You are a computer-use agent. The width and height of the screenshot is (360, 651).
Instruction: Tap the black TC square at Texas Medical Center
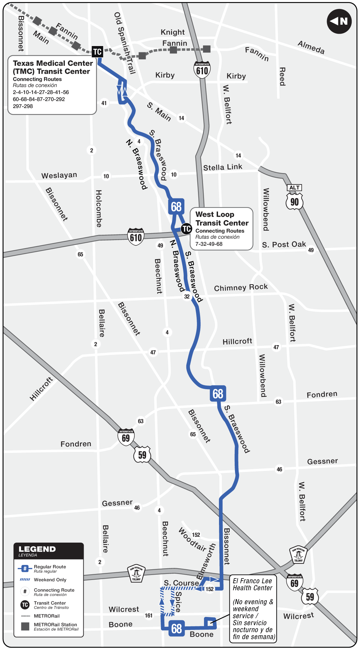point(97,52)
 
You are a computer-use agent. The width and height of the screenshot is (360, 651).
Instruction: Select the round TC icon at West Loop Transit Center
point(186,229)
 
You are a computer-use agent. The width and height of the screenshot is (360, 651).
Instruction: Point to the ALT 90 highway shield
point(294,197)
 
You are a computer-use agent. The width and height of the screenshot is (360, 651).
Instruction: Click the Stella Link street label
point(223,167)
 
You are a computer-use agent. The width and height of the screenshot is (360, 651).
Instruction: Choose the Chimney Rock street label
point(241,287)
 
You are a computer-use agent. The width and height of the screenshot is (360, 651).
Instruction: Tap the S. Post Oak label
point(284,244)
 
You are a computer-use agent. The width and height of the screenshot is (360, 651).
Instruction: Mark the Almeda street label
point(311,47)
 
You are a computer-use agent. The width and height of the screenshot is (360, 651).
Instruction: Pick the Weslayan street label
point(59,175)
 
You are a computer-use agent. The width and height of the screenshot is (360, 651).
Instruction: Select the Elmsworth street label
point(206,561)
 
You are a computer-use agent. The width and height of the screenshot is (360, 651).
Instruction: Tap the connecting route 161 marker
point(149,615)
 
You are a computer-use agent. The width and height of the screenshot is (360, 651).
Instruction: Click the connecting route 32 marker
point(187,296)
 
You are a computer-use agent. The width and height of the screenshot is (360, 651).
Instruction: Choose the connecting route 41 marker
point(104,103)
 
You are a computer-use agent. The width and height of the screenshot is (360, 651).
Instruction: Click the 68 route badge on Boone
point(176,629)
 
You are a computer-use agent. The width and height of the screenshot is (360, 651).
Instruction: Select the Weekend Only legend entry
point(50,580)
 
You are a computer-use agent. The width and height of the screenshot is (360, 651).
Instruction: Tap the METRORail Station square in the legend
point(25,626)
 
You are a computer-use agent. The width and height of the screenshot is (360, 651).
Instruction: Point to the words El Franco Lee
point(252,581)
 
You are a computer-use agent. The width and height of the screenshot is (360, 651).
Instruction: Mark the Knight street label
point(172,32)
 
